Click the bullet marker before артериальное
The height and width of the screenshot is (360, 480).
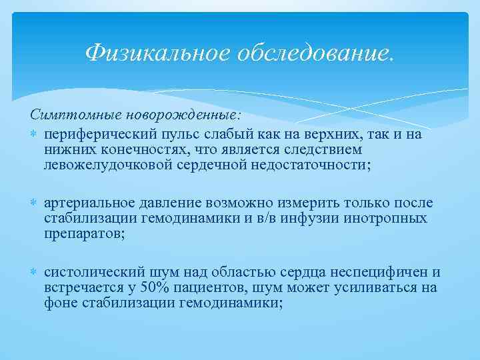coord(35,203)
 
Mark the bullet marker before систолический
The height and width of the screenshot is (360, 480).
coord(35,272)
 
